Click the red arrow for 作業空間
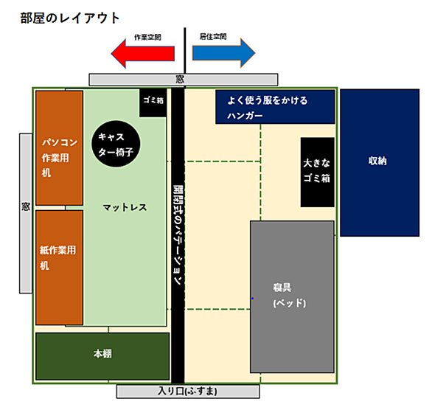143,54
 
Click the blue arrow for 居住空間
223,53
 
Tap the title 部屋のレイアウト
70,18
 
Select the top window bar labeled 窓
184,80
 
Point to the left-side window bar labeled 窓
26,213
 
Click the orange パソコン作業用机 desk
59,148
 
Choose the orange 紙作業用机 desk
59,268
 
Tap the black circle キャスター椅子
116,144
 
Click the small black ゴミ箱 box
153,103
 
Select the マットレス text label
125,207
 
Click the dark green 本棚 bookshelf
102,356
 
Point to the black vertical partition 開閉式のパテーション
178,235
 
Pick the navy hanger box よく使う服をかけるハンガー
275,107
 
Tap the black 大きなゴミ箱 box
318,173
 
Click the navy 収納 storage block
380,163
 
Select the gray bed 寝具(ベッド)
292,297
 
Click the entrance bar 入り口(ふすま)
188,392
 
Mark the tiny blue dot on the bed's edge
253,299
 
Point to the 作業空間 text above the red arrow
147,37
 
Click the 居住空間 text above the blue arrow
213,36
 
